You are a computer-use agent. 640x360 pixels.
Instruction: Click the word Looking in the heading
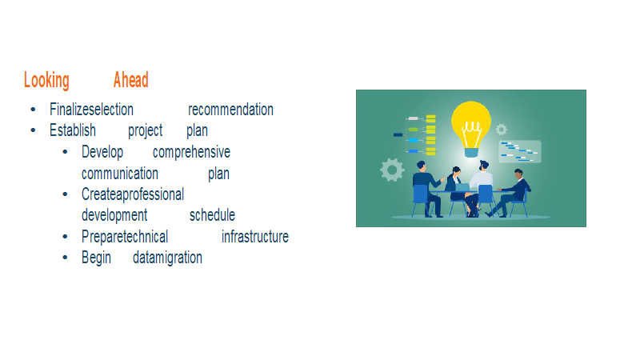pyautogui.click(x=46, y=81)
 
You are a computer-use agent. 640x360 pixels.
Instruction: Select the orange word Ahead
pyautogui.click(x=131, y=79)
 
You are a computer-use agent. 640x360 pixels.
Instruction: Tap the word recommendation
pyautogui.click(x=230, y=110)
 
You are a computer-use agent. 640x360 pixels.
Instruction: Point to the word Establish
pyautogui.click(x=73, y=130)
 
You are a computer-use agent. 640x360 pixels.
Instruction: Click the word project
pyautogui.click(x=146, y=131)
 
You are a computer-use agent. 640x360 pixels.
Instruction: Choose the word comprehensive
pyautogui.click(x=191, y=152)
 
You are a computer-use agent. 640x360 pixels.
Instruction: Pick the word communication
pyautogui.click(x=119, y=174)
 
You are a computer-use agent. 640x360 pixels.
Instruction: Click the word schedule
pyautogui.click(x=212, y=214)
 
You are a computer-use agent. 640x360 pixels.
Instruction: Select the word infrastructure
pyautogui.click(x=255, y=236)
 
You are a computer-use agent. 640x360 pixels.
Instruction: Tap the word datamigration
pyautogui.click(x=167, y=258)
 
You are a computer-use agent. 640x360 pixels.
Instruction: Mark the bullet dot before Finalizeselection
pyautogui.click(x=33, y=110)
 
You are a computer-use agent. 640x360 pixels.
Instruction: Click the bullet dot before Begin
pyautogui.click(x=65, y=258)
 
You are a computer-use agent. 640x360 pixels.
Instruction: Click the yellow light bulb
pyautogui.click(x=471, y=129)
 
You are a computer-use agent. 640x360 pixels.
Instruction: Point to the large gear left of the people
pyautogui.click(x=392, y=170)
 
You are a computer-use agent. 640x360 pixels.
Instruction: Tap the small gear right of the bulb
pyautogui.click(x=502, y=130)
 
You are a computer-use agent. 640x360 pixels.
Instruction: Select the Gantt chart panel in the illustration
pyautogui.click(x=519, y=151)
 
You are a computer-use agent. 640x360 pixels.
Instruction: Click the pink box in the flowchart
pyautogui.click(x=413, y=118)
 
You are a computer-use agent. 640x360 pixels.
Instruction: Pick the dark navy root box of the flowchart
pyautogui.click(x=398, y=134)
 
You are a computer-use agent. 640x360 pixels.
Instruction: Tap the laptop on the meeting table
pyautogui.click(x=462, y=187)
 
